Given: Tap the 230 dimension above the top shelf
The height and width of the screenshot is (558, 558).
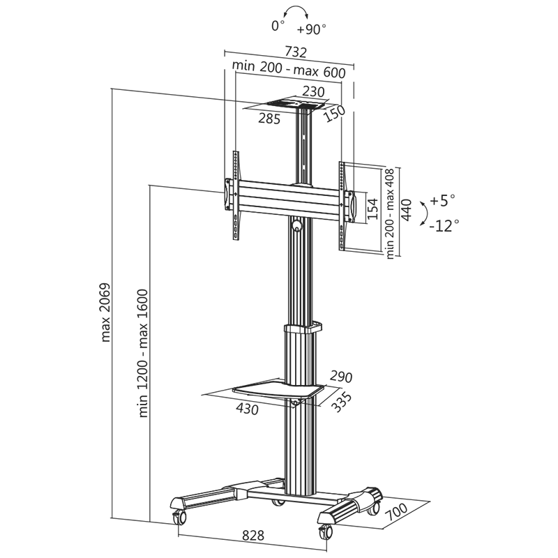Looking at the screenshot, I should click(314, 91).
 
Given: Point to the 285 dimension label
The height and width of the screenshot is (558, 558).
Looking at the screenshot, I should click(269, 119).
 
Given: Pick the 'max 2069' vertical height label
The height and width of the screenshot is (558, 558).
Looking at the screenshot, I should click(106, 312).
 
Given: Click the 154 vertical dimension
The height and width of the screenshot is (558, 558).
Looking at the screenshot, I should click(372, 207).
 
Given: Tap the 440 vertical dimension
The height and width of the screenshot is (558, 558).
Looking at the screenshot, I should click(407, 209).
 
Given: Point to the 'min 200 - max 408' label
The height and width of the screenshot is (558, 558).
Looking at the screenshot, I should click(390, 213).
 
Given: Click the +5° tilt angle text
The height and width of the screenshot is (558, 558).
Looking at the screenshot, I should click(442, 201).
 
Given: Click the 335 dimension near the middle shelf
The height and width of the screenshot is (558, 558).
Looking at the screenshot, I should click(341, 402).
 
